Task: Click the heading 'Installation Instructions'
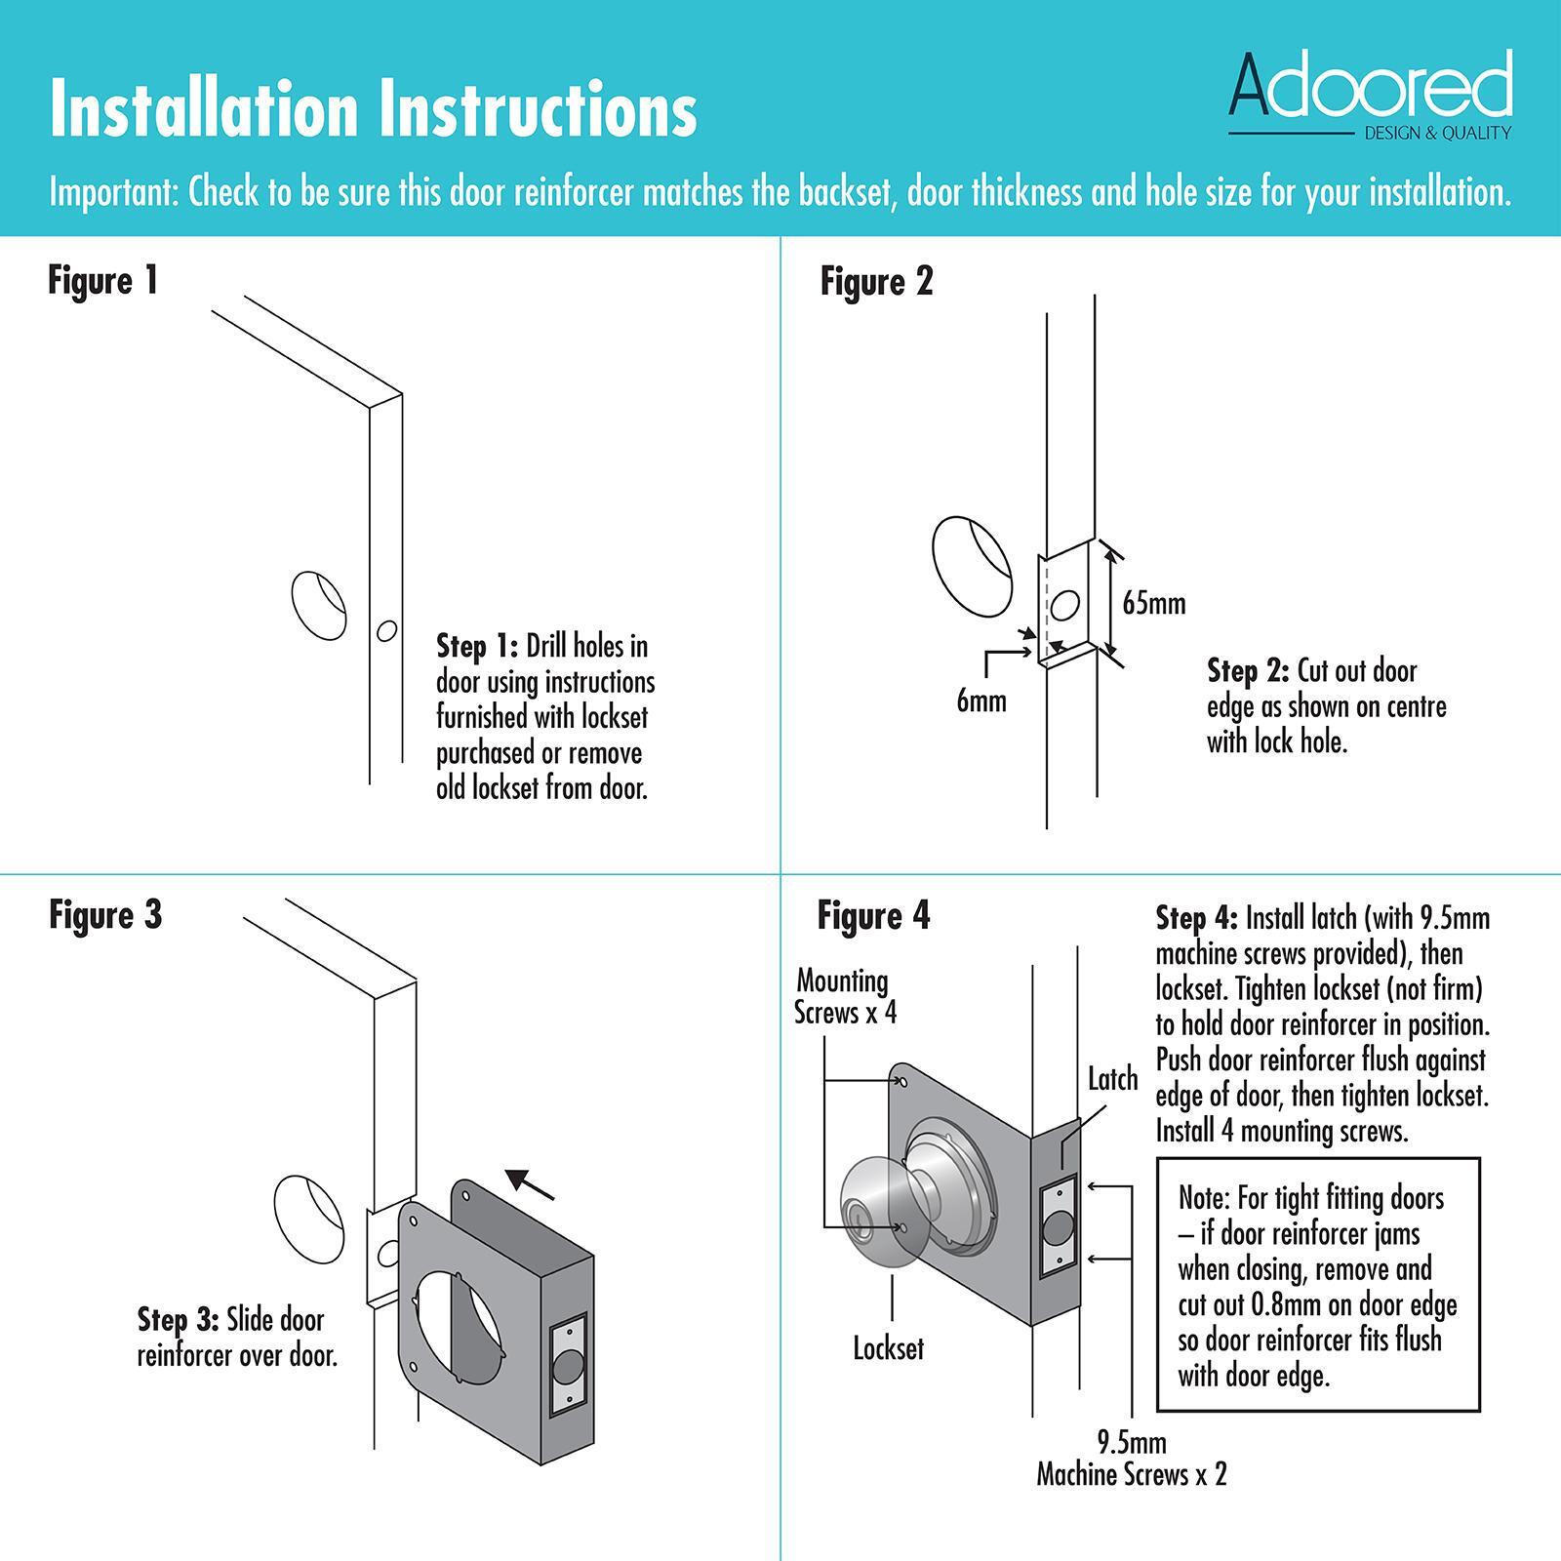click(x=373, y=109)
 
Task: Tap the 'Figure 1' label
click(x=102, y=281)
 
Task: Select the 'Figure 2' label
click(x=876, y=282)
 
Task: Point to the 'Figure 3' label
click(x=105, y=915)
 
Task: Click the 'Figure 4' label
click(x=873, y=916)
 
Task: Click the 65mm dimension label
click(x=1153, y=603)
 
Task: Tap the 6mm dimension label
click(x=981, y=700)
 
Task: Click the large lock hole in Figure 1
click(x=319, y=605)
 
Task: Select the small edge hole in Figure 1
click(x=386, y=631)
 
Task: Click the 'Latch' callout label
click(x=1112, y=1080)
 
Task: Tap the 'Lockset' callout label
click(x=888, y=1348)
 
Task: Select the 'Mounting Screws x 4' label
click(x=845, y=996)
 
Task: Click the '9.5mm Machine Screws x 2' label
click(x=1131, y=1459)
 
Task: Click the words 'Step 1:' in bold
click(x=477, y=646)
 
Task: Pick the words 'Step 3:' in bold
click(x=178, y=1320)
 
